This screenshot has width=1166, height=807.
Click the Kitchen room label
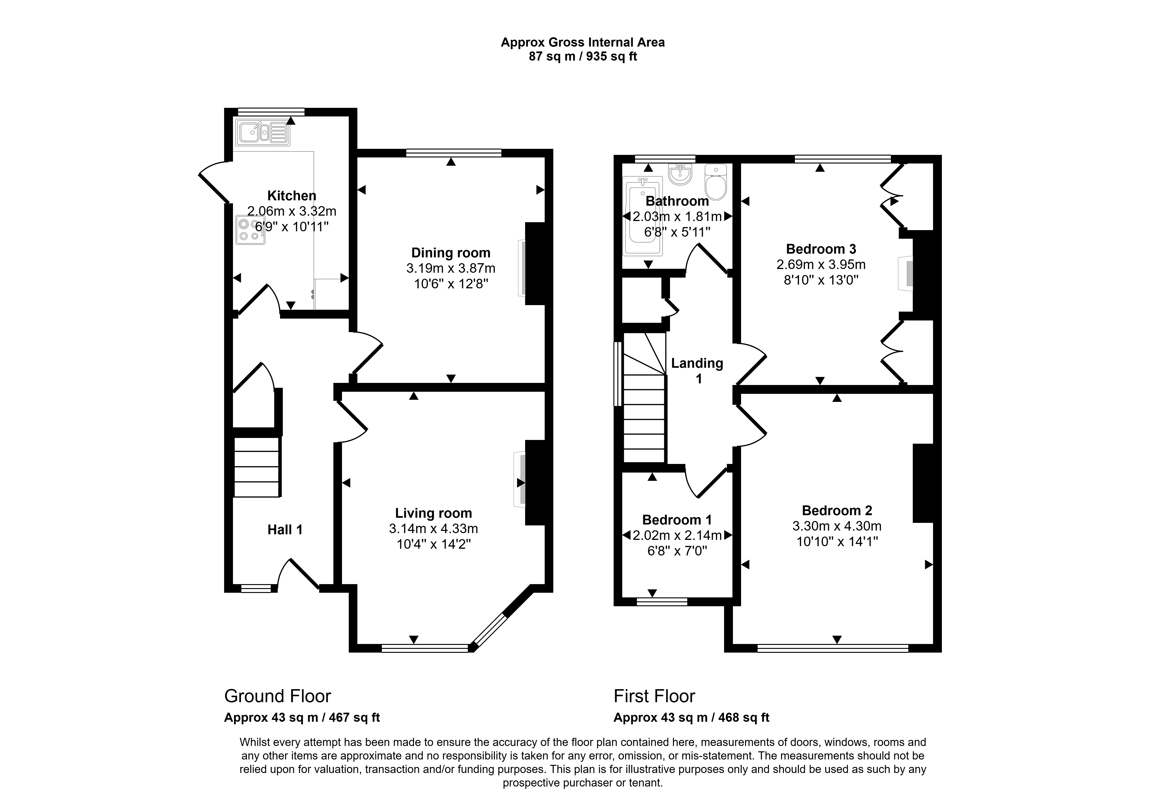(x=292, y=196)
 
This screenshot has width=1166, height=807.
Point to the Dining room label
(x=451, y=253)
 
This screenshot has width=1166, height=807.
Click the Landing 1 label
(x=697, y=371)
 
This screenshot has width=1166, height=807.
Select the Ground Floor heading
(x=278, y=696)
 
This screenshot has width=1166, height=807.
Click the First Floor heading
(x=654, y=696)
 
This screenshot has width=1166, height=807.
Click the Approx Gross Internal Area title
(x=582, y=42)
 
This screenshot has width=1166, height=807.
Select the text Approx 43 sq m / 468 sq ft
(x=691, y=718)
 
